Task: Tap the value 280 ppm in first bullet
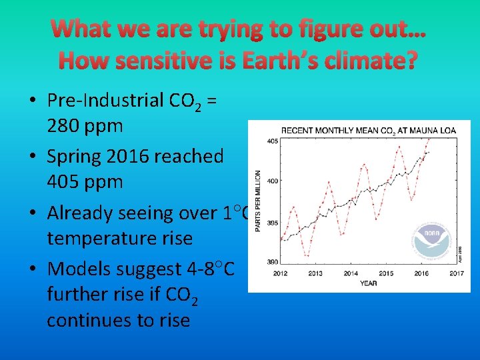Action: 85,125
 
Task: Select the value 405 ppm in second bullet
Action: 85,181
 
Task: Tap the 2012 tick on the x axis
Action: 281,273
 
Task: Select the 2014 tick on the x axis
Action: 351,273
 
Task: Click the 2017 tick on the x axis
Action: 457,273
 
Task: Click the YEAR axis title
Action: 369,283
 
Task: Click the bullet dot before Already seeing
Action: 32,213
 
